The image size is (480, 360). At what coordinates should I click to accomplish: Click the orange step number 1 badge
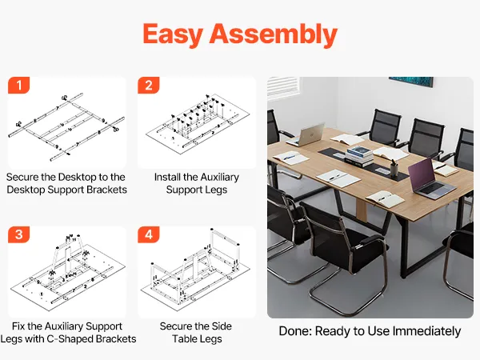(x=18, y=85)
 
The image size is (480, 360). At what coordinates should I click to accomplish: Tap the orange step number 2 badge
(x=149, y=85)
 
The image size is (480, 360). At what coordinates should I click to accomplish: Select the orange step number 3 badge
(x=18, y=234)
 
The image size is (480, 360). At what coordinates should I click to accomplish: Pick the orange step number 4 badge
(x=149, y=234)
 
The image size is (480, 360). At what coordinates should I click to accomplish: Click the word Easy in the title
(x=173, y=34)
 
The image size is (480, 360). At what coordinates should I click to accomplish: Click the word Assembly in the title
(x=274, y=34)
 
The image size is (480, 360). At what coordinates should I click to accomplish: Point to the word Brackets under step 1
(x=106, y=190)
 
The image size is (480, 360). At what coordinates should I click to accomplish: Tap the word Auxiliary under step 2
(x=218, y=177)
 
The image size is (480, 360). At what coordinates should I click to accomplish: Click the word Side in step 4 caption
(x=222, y=326)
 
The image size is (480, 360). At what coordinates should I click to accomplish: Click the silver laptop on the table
(x=306, y=134)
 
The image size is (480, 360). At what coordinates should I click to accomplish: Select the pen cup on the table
(x=394, y=168)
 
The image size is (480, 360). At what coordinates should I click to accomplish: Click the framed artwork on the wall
(x=411, y=82)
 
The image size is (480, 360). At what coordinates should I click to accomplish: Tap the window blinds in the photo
(x=283, y=87)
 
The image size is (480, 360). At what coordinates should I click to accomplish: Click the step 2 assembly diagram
(x=197, y=122)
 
